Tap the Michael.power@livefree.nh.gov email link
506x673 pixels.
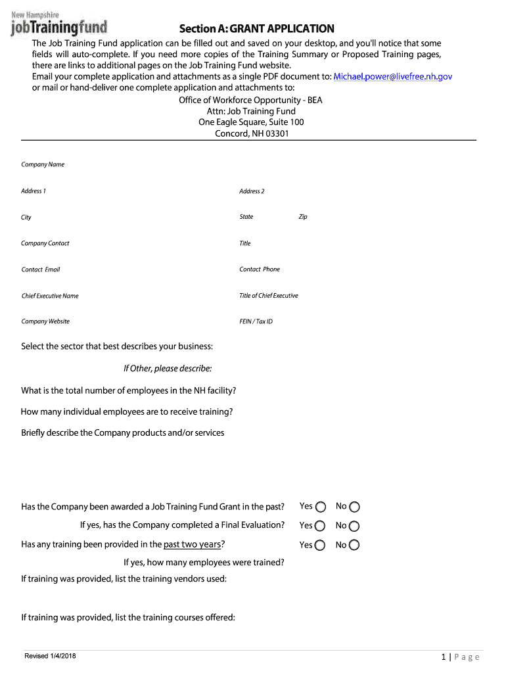tap(393, 76)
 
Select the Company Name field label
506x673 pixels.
tap(43, 164)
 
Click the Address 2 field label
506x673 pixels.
tap(252, 191)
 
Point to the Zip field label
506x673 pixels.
tap(303, 217)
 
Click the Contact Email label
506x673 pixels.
tap(41, 269)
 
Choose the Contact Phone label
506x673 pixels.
tap(260, 269)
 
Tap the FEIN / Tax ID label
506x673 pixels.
tap(256, 321)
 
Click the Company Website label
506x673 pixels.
tap(45, 321)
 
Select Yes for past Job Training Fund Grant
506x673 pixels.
tap(321, 507)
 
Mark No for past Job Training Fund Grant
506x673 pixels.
tap(355, 507)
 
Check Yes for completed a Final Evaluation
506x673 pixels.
tap(321, 526)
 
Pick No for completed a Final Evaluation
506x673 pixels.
tap(355, 526)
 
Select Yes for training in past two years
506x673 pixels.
tap(321, 545)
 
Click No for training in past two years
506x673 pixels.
tap(355, 545)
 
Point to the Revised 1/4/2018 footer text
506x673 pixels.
tap(50, 657)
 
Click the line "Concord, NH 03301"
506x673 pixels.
tap(252, 133)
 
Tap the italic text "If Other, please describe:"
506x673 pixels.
tap(162, 368)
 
